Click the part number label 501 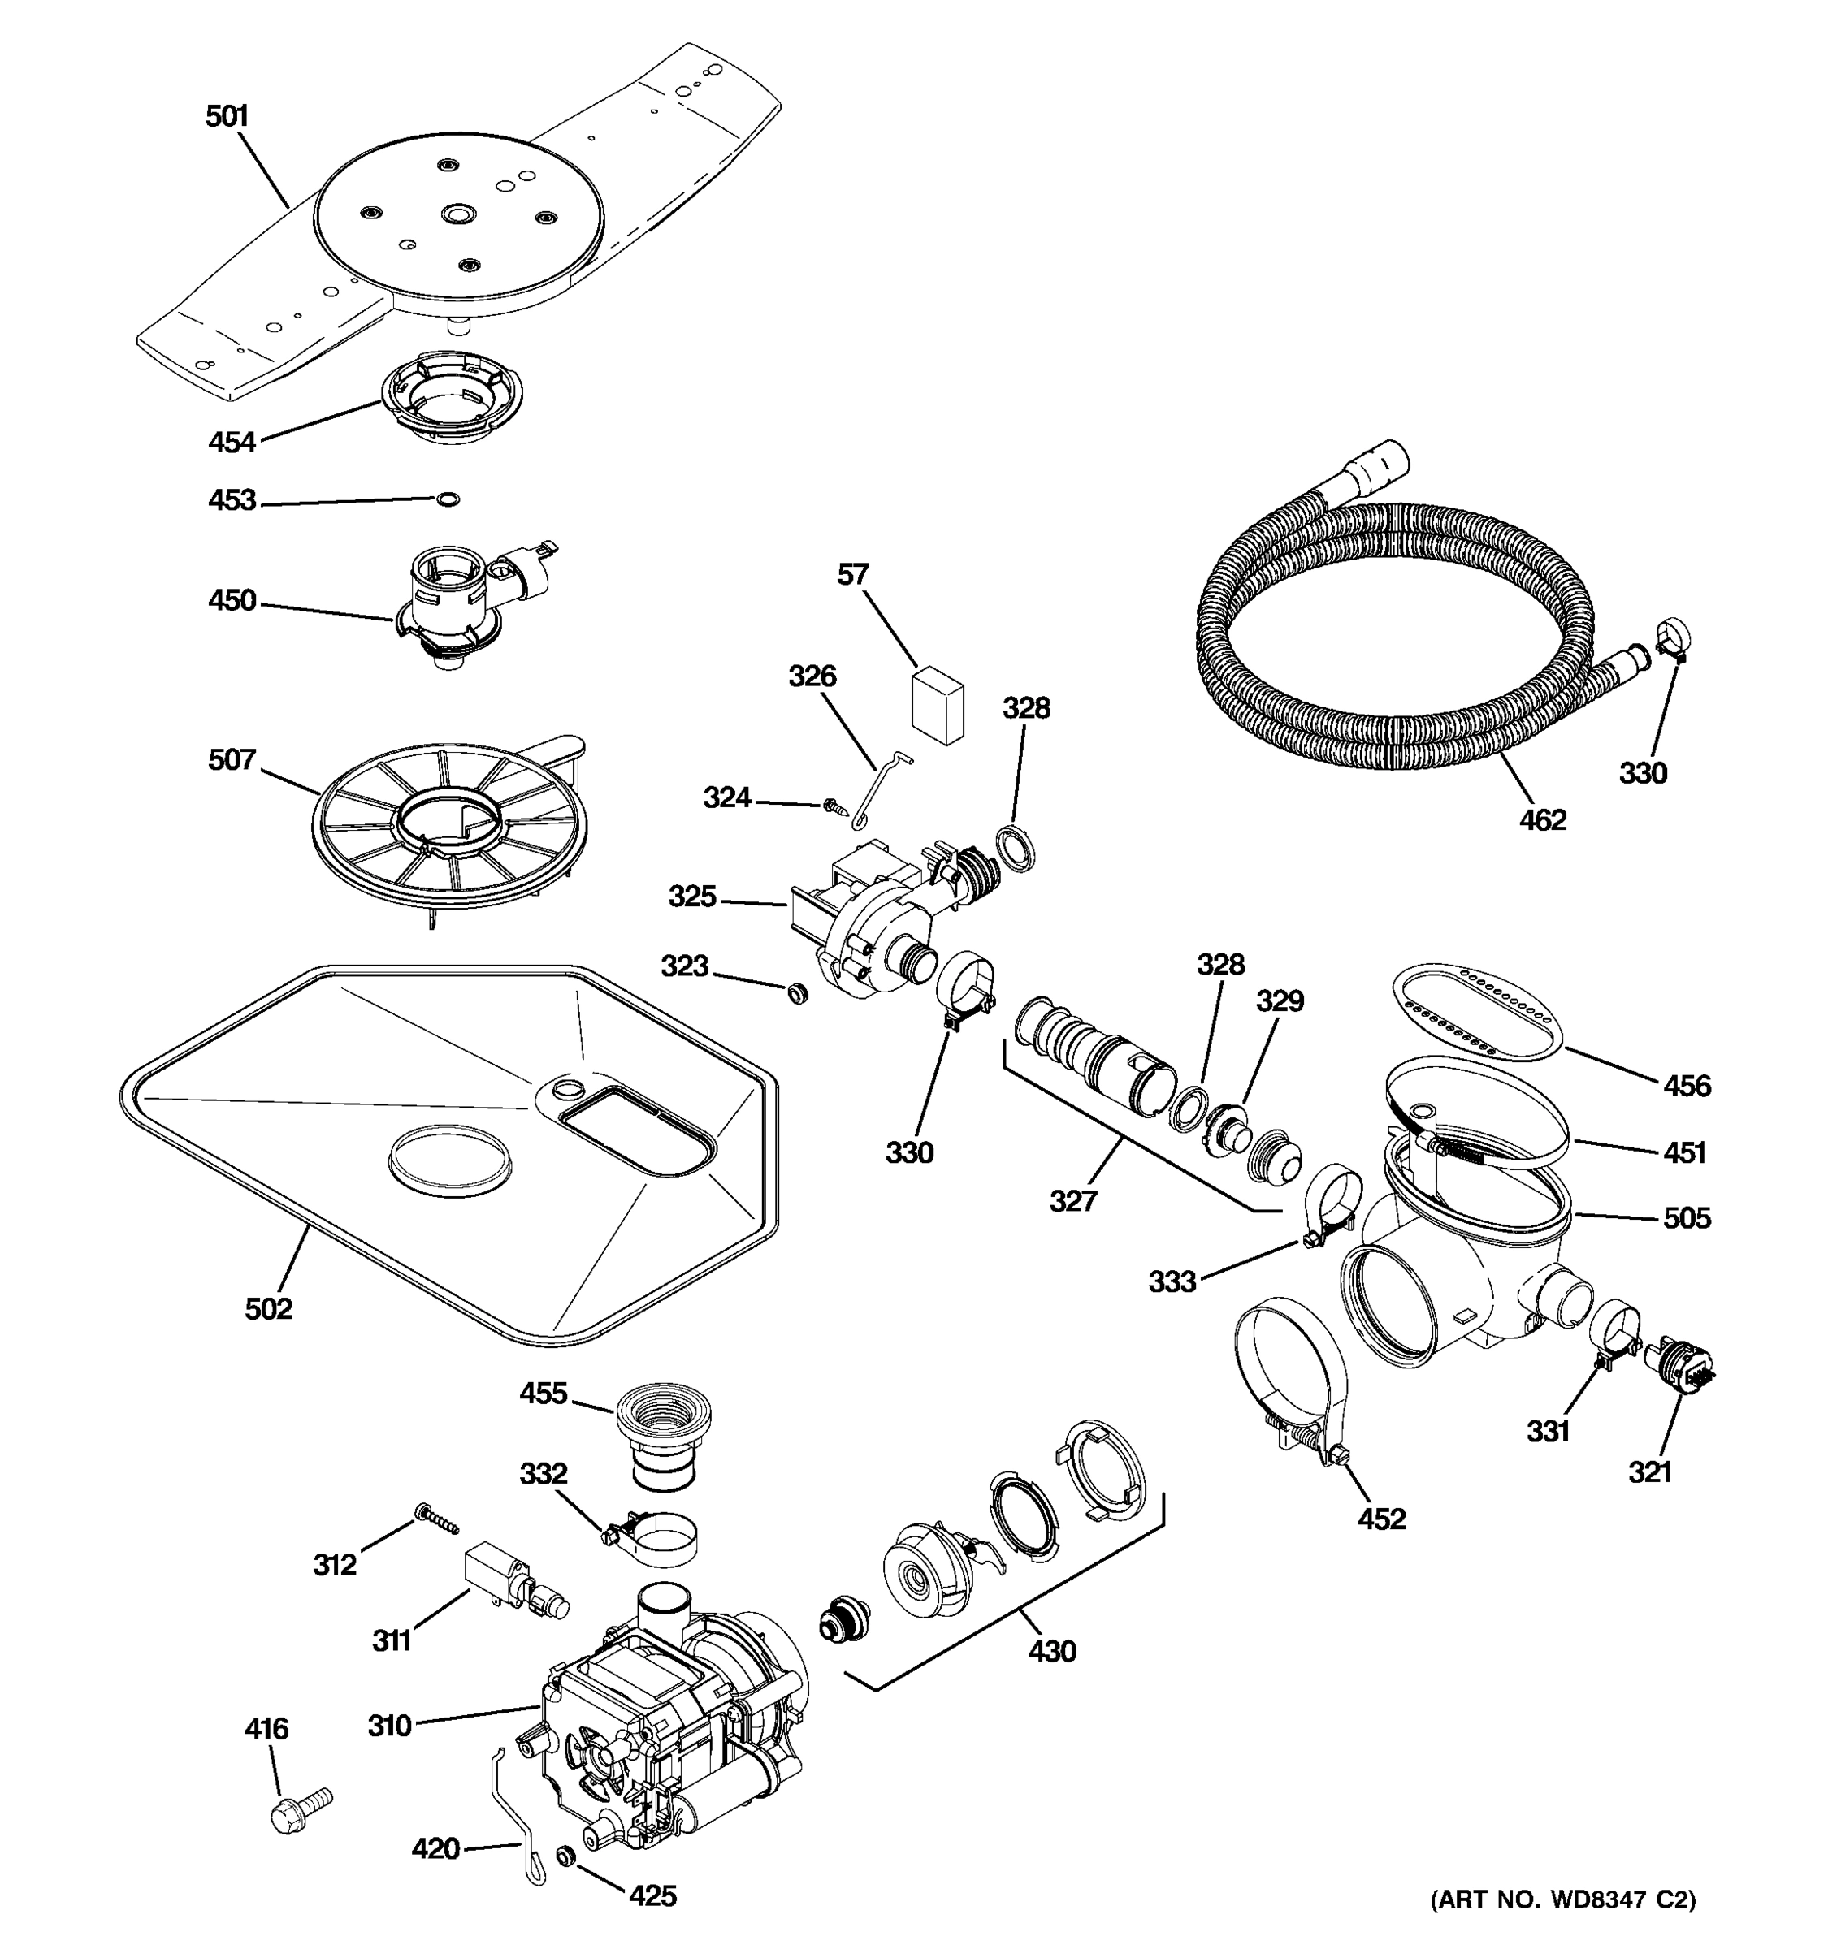coord(227,117)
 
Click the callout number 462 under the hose coord(1543,819)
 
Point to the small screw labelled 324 coord(834,806)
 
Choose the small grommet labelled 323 coord(797,993)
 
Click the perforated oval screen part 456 coord(1474,1012)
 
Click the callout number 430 coord(1052,1651)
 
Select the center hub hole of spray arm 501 coord(457,214)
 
